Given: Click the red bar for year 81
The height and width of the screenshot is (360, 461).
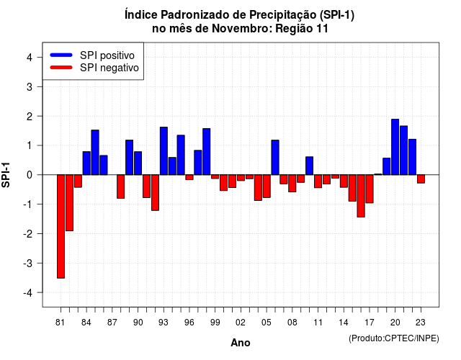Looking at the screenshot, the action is coord(61,226).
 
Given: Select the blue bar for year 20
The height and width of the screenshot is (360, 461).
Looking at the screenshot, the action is coord(395,147).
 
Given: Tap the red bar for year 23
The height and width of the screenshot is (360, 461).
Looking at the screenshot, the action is coord(421,179).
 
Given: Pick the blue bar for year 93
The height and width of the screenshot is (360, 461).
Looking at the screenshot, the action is coord(164,151).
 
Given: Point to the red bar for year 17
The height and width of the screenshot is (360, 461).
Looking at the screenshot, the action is coord(370,189).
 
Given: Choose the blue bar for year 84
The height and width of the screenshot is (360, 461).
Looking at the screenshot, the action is coord(86,163).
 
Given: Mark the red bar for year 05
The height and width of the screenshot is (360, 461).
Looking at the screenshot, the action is coord(267,186).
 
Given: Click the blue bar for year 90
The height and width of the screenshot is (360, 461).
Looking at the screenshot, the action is coord(138,163).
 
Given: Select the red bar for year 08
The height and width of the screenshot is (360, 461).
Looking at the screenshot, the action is coord(292,184).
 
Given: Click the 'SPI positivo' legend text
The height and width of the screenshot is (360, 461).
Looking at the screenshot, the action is coord(107,55).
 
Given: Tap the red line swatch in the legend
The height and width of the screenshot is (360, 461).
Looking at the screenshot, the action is coord(61,68).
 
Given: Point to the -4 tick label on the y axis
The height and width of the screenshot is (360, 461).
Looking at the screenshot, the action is coord(29,293).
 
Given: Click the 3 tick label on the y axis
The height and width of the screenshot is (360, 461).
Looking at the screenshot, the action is coord(30,86).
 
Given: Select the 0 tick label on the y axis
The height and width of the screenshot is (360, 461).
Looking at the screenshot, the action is coord(30,175).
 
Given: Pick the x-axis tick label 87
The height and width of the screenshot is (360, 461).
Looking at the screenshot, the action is coord(112,323).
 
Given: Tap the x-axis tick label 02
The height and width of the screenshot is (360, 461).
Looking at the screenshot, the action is coord(241,323).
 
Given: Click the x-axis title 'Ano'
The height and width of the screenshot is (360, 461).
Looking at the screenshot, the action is coord(241,343).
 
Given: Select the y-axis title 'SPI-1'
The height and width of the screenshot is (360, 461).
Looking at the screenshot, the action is coord(6,175).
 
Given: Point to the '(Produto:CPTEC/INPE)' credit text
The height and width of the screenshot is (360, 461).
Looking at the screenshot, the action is coord(394,338).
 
